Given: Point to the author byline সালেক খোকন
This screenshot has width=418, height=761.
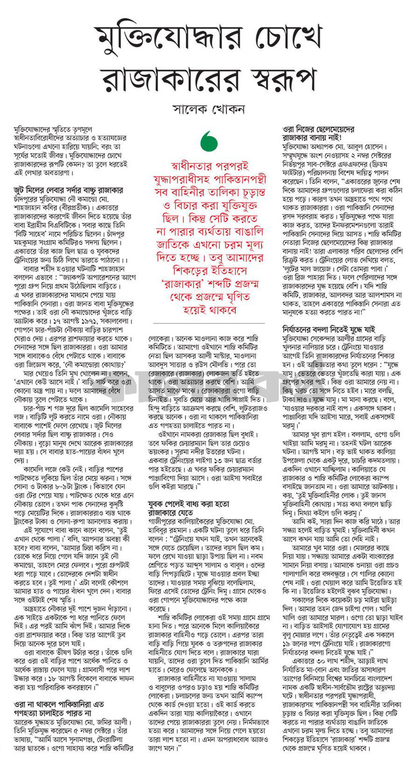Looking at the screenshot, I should tap(209, 109).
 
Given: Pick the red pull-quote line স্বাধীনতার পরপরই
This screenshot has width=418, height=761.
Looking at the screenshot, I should tap(210, 166).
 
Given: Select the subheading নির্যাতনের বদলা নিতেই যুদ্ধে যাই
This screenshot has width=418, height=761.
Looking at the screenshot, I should tap(329, 329).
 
